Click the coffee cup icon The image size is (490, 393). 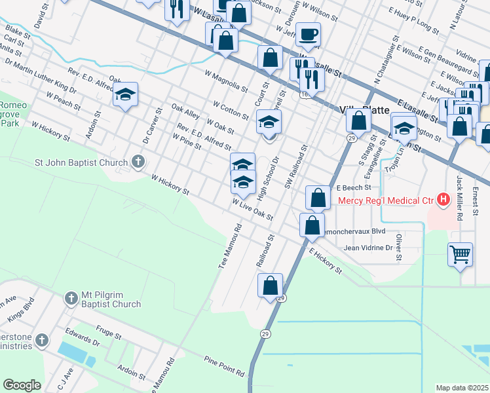tap(308, 33)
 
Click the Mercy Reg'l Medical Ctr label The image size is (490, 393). tap(386, 199)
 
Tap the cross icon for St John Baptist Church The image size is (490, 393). tap(138, 161)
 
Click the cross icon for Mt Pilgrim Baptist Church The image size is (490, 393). tap(71, 299)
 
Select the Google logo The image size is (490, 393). tap(22, 385)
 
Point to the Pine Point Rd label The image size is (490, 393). tap(224, 367)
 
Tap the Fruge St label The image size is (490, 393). tap(109, 334)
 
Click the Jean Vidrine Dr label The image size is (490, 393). tap(367, 248)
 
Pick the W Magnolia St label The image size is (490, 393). tap(226, 82)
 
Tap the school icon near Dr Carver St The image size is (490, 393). tap(125, 95)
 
